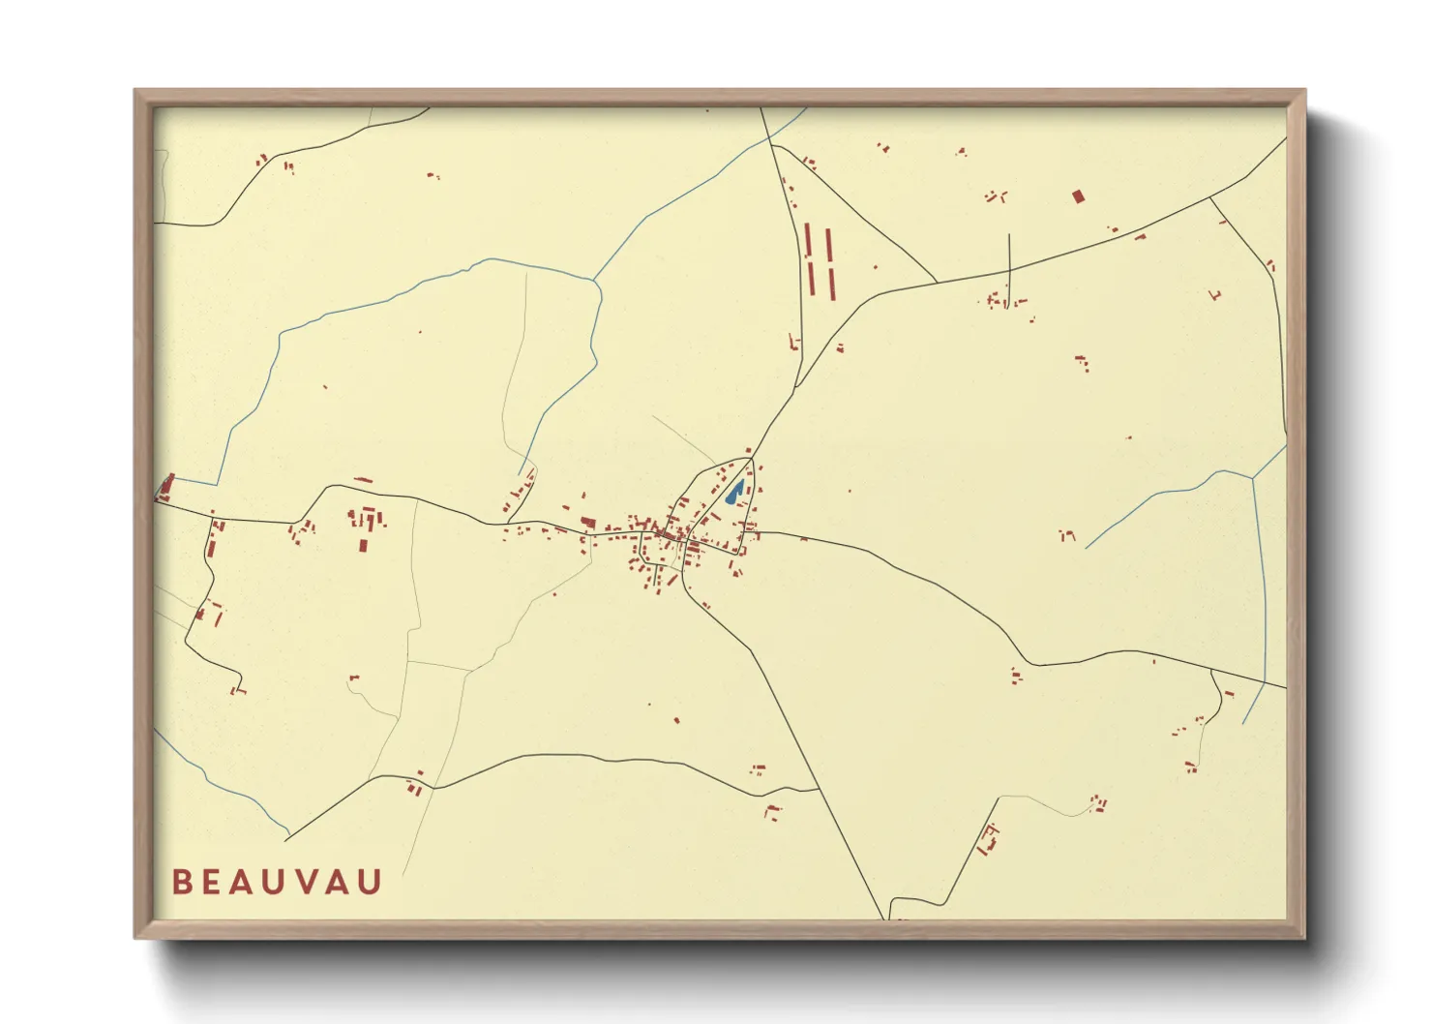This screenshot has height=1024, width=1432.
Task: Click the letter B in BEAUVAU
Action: (x=181, y=882)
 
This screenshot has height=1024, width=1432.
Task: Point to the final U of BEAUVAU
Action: (x=372, y=882)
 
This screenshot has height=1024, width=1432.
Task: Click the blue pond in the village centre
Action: (x=735, y=493)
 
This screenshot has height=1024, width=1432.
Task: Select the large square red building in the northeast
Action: (x=1078, y=196)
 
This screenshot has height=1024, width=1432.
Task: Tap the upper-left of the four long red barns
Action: (x=809, y=240)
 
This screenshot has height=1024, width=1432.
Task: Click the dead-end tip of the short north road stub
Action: (x=1009, y=234)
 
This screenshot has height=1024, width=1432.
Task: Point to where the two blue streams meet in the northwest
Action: (x=594, y=282)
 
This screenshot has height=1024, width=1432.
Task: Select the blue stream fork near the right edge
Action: (x=1253, y=478)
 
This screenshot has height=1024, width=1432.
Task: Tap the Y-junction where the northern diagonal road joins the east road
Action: (x=937, y=283)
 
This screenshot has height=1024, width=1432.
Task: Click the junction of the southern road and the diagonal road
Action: (x=820, y=790)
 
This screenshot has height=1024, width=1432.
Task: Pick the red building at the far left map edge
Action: (x=166, y=486)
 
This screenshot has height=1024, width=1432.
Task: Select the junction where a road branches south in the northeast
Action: (x=1210, y=197)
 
